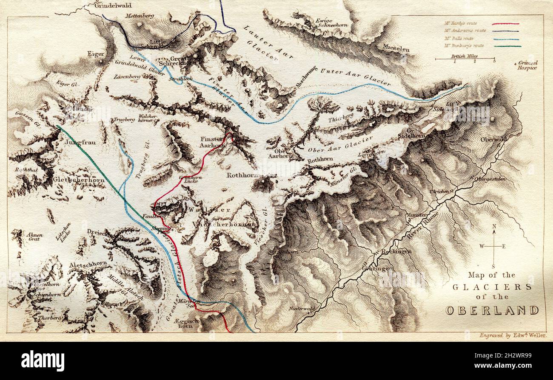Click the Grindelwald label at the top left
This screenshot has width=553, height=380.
click(113, 6)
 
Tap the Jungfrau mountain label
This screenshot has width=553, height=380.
click(80, 143)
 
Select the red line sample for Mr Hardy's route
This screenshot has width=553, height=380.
click(505, 24)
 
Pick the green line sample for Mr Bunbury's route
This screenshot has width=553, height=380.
click(505, 46)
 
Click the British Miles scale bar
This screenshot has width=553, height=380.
click(465, 59)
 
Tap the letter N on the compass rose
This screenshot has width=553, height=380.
click(494, 227)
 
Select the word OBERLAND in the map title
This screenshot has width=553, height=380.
click(492, 310)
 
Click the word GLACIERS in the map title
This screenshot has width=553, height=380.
click(492, 287)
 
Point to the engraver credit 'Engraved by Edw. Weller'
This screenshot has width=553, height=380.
click(513, 335)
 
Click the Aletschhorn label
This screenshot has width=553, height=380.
click(88, 264)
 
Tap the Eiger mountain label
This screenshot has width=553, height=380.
click(96, 54)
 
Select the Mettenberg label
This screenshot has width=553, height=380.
click(140, 16)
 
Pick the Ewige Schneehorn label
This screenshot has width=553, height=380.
click(332, 23)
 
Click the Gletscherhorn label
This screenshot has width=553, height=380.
click(79, 180)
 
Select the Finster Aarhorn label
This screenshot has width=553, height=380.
click(212, 142)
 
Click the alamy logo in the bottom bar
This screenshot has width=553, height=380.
click(43, 361)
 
